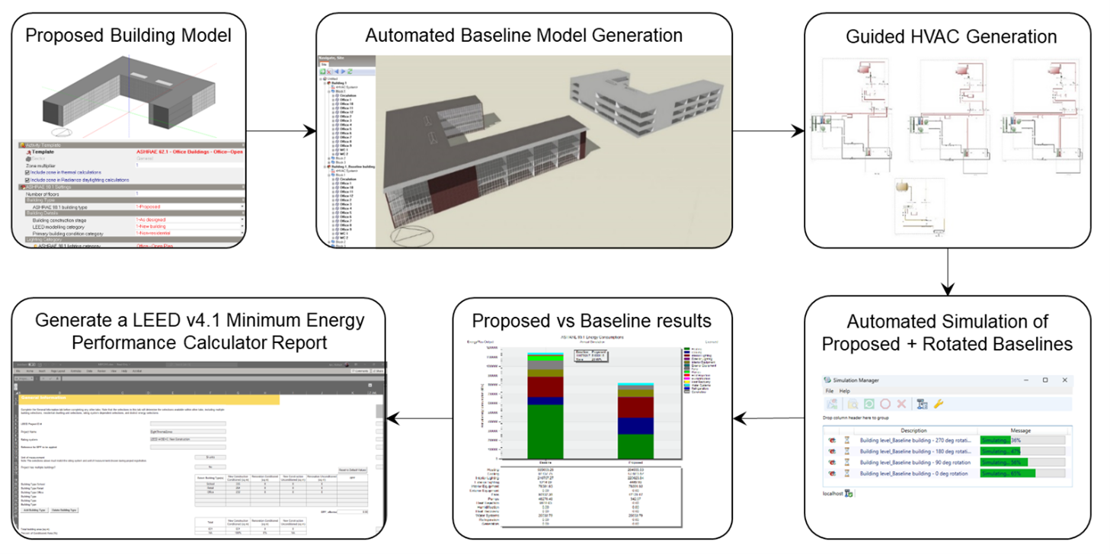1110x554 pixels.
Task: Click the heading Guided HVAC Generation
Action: coord(951,37)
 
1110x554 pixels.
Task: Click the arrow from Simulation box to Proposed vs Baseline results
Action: coord(769,417)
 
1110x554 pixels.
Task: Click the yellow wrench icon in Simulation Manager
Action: coord(939,403)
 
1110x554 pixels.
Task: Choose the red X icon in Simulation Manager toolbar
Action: coord(901,403)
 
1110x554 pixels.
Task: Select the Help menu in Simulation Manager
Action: coord(845,390)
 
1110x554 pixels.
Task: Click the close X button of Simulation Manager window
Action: coord(1064,379)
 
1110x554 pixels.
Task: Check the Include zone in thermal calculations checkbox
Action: coord(27,172)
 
